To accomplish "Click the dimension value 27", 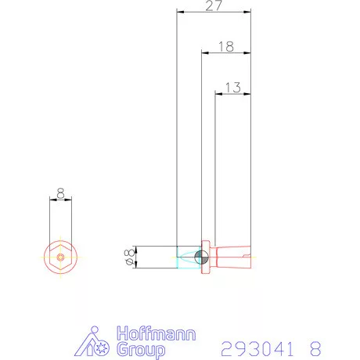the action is click(x=214, y=5).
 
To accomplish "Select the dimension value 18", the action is click(x=226, y=47).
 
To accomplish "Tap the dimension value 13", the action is click(x=233, y=88).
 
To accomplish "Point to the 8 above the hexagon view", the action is click(x=60, y=193).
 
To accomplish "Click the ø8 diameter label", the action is click(x=130, y=257).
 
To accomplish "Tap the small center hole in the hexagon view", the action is click(x=60, y=257).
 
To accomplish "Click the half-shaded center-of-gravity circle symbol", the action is click(x=201, y=257).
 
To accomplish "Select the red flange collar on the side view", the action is click(x=206, y=257).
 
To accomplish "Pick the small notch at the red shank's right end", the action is click(x=247, y=255).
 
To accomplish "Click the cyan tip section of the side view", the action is click(x=189, y=257).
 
